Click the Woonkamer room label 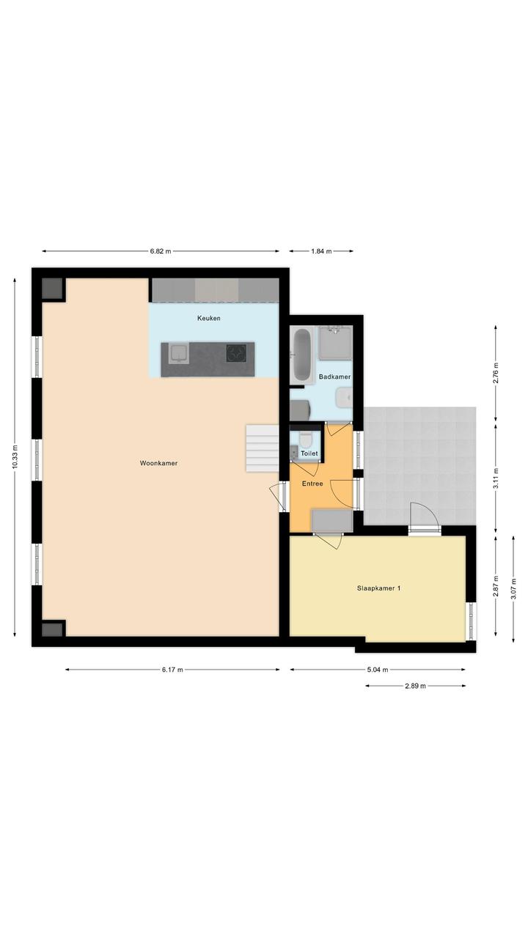[158, 463]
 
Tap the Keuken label [209, 318]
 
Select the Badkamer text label [334, 377]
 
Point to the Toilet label [309, 453]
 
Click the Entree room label [312, 484]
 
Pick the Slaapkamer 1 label [378, 588]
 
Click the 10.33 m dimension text [15, 457]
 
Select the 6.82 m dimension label [161, 251]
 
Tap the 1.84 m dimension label [321, 251]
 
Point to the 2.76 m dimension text [496, 374]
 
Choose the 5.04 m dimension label [378, 670]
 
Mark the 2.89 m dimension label [415, 686]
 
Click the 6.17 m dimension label [172, 670]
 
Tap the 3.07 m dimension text [513, 588]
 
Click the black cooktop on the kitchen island [236, 352]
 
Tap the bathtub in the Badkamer [302, 355]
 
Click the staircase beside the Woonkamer [262, 448]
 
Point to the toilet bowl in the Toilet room [305, 440]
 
